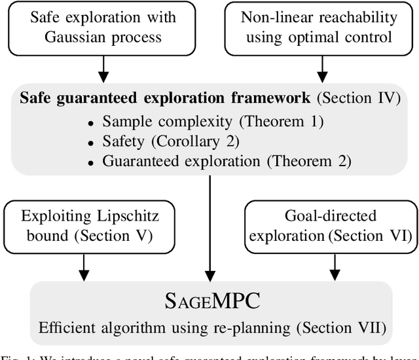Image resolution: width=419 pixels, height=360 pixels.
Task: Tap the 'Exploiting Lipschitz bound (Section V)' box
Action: coord(83,226)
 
